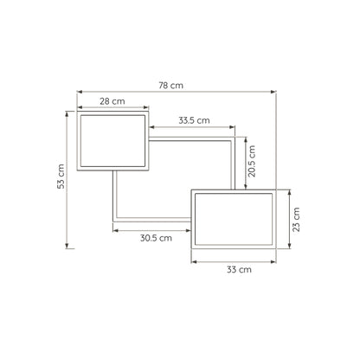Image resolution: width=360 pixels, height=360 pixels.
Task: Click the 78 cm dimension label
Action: (170, 86)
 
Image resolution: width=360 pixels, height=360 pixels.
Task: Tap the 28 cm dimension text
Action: (112, 101)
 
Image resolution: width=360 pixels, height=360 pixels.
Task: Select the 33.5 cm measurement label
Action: (194, 120)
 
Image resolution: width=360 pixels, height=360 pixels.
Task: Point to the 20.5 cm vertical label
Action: (252, 161)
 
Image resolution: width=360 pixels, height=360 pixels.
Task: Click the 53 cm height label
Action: (61, 177)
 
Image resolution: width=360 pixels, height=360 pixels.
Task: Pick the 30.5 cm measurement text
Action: (156, 238)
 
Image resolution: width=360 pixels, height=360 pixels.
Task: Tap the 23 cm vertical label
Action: (296, 219)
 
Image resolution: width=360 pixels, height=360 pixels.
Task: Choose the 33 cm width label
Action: (239, 270)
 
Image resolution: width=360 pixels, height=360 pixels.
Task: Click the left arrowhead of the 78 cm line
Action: (80, 92)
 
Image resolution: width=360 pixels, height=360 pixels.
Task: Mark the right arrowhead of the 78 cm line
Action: (273, 92)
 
